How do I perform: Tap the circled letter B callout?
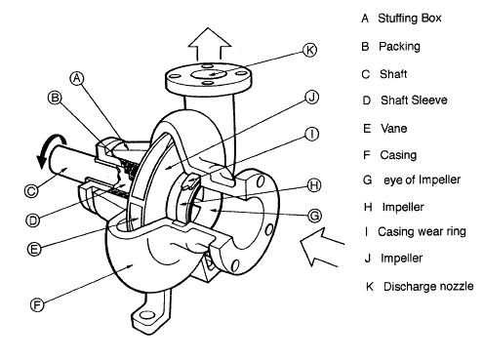click(55, 98)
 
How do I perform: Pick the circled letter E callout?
click(34, 249)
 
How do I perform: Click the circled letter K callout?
click(308, 49)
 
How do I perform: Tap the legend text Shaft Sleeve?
click(412, 99)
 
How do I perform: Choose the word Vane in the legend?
click(393, 126)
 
